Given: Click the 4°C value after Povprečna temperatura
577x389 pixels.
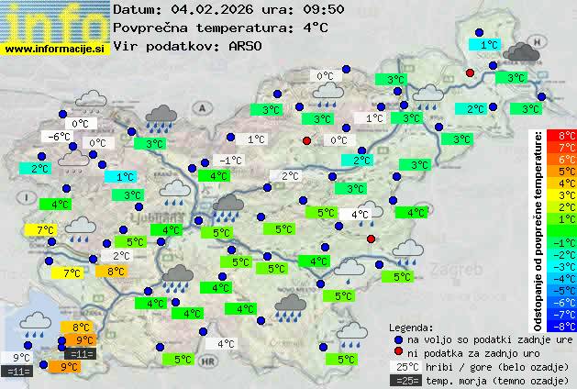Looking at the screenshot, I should [314, 28].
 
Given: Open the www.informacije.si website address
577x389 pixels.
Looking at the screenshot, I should [55, 48].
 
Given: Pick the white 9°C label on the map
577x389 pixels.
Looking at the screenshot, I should [20, 358].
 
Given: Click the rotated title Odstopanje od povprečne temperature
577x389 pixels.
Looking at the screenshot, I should [539, 229].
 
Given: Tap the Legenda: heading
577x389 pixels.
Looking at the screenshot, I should [411, 328].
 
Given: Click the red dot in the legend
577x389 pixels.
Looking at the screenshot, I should [398, 352].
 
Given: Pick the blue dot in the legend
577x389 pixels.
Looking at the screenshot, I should [398, 339].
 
